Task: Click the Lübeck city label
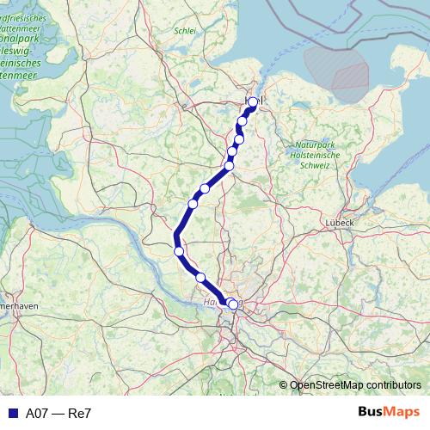[x=340, y=222]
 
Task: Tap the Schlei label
[x=185, y=30]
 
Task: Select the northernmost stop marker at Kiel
[x=253, y=102]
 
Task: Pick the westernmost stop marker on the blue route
[x=179, y=251]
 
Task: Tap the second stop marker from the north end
[x=243, y=121]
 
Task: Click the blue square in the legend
[x=11, y=414]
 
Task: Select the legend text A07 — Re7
[x=58, y=414]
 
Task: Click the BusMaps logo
[x=390, y=413]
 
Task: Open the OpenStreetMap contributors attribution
[x=355, y=385]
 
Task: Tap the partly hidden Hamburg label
[x=212, y=303]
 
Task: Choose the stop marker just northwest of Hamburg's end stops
[x=200, y=277]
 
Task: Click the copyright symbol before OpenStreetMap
[x=283, y=385]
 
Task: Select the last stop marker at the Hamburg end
[x=233, y=304]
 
